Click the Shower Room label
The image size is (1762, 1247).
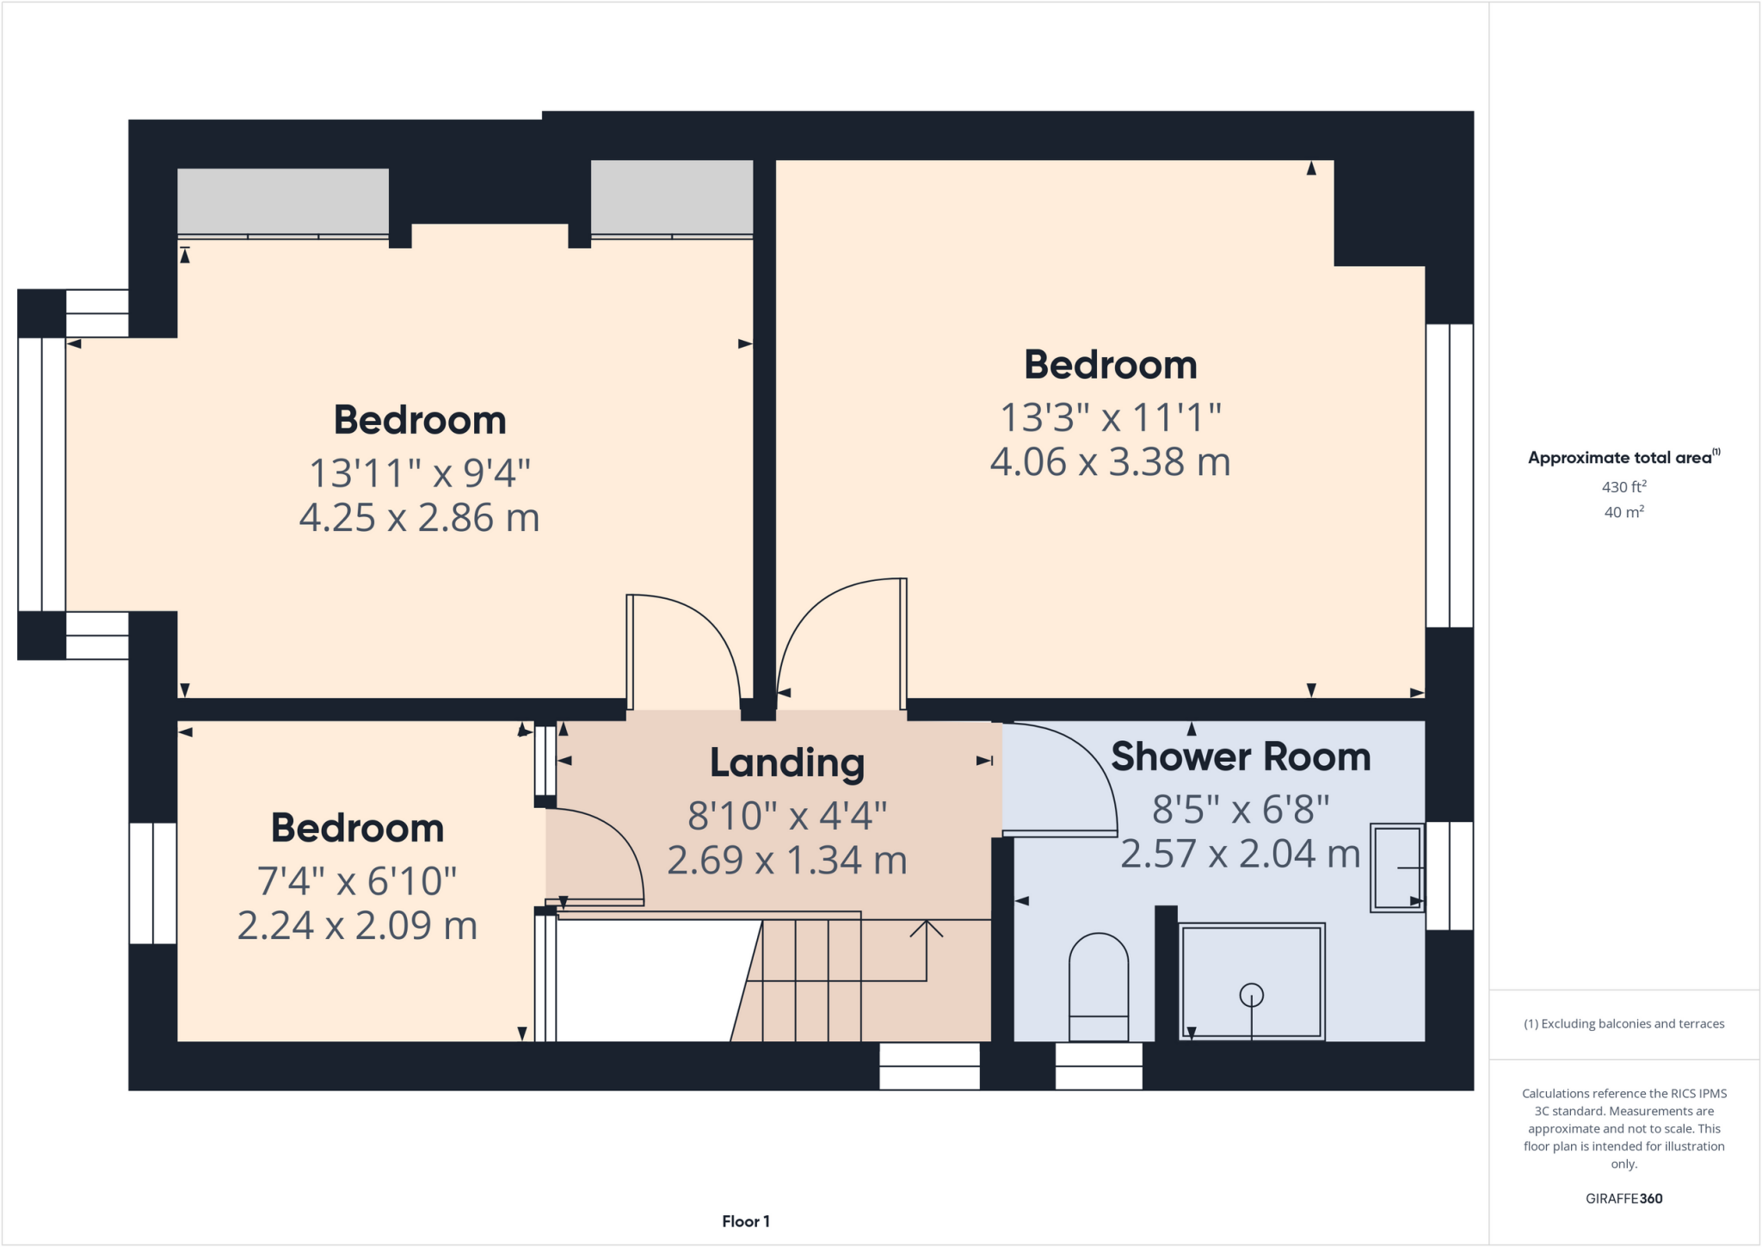coord(1240,757)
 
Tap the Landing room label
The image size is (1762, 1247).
coord(786,763)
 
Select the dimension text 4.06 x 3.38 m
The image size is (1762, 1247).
coord(1110,462)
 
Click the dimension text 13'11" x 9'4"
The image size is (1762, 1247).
coord(419,473)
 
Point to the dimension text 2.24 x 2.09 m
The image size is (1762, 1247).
coord(357,926)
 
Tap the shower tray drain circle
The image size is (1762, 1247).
coord(1251,996)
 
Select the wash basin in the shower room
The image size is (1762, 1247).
coord(1396,867)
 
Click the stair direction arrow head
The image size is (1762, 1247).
coord(927,928)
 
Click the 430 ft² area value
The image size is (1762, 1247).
coord(1623,487)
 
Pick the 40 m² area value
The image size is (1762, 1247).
coord(1623,512)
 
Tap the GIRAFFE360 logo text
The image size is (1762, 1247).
coord(1623,1198)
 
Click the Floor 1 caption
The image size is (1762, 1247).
coord(745,1221)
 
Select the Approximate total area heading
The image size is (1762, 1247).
coord(1622,458)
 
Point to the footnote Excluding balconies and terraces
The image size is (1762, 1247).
coord(1623,1024)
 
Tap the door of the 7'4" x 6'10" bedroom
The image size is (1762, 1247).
coord(602,861)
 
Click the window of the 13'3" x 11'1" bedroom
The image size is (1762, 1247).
coord(1450,475)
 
